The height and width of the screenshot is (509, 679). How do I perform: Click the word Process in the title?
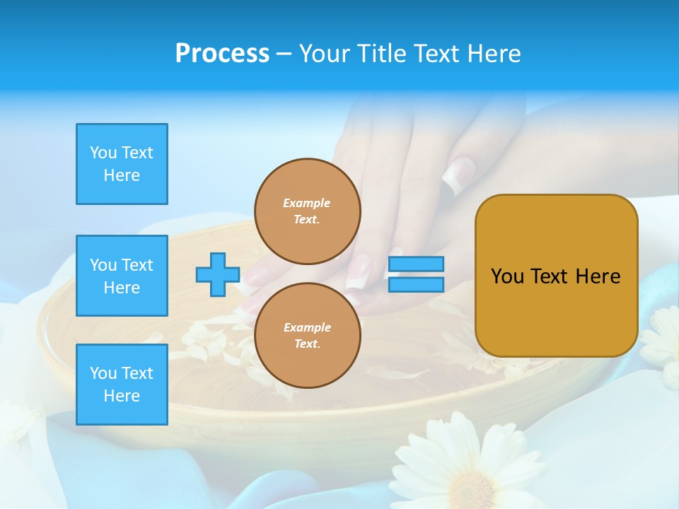[x=222, y=54]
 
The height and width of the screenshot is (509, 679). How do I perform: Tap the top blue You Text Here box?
[x=122, y=164]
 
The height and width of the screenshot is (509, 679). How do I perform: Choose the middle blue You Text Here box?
[x=122, y=276]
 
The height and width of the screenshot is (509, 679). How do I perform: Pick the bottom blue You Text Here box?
[x=122, y=385]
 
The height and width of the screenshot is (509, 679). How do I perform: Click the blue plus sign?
[x=218, y=274]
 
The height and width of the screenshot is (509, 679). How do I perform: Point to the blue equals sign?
[x=416, y=274]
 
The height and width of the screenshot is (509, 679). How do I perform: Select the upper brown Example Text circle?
[x=308, y=211]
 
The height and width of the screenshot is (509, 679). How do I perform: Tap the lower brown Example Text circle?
[x=308, y=336]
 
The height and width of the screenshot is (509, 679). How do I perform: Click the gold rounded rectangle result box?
[x=556, y=276]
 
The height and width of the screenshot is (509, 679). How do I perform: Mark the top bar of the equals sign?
[x=416, y=264]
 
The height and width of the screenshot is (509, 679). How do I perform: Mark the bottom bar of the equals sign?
[x=416, y=284]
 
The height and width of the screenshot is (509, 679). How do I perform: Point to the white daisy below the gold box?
[x=661, y=339]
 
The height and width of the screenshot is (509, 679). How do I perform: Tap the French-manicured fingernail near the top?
[x=458, y=175]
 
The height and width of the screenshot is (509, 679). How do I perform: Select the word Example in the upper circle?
[x=306, y=203]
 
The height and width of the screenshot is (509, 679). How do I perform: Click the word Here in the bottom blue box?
[x=122, y=396]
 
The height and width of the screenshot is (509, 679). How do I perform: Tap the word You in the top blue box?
[x=103, y=153]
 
